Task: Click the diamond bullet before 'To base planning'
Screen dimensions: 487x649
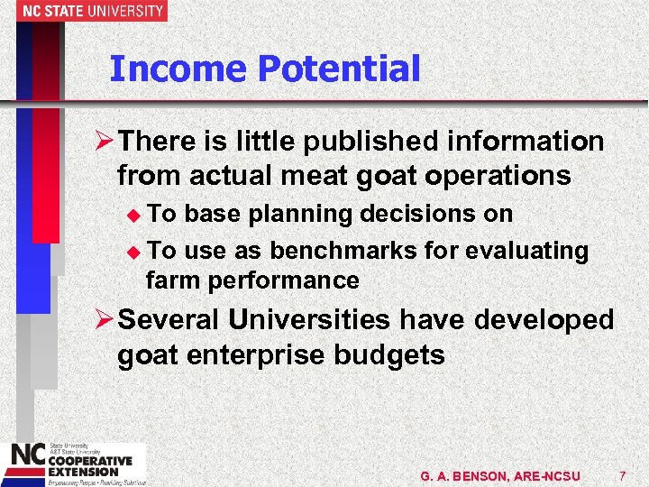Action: pyautogui.click(x=136, y=216)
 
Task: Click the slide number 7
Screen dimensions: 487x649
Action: pyautogui.click(x=623, y=475)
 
